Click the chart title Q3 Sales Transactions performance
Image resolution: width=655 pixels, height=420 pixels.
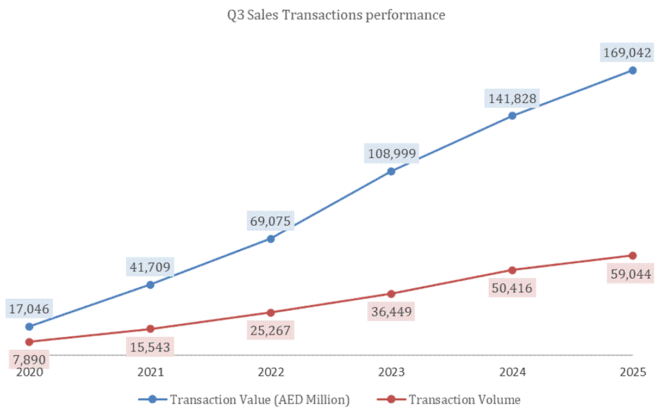[x=335, y=15]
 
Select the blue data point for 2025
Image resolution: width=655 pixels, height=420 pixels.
[x=632, y=70]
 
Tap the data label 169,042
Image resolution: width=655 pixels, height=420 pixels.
[x=627, y=53]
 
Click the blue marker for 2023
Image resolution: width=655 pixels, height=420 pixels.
[x=391, y=171]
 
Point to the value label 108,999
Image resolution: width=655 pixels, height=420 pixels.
[x=391, y=155]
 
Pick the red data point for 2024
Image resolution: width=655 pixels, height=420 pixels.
[x=512, y=270]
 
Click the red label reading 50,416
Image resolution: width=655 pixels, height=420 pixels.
[x=511, y=288]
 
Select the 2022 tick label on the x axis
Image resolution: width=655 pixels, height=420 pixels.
[x=271, y=372]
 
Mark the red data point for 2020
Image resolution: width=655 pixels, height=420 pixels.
[x=30, y=342]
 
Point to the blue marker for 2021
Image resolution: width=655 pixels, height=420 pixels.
[x=151, y=285]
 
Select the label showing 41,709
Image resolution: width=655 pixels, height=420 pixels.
[x=149, y=267]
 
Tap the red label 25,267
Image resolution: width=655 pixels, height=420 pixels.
[x=270, y=330]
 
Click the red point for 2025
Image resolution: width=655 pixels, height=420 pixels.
[x=632, y=255]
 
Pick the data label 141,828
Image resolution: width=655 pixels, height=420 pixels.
[x=511, y=98]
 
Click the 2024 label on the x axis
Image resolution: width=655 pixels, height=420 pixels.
[x=512, y=372]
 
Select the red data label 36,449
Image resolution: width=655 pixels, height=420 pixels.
[x=390, y=312]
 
